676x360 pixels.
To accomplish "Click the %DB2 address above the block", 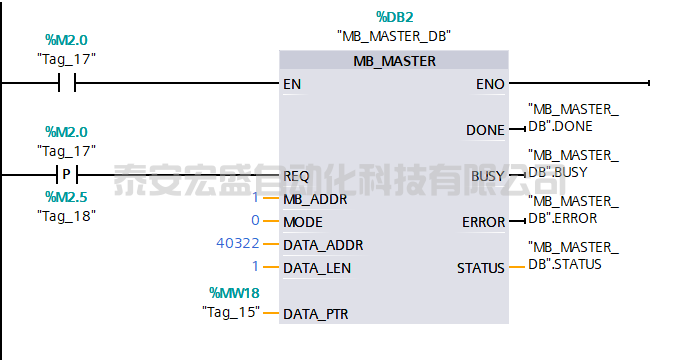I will coord(394,17).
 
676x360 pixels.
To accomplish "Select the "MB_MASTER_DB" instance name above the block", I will coord(394,36).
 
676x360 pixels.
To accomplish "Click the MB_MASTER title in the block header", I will coord(394,61).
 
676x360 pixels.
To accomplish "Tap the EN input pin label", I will coord(292,84).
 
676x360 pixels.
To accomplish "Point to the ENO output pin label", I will coord(490,84).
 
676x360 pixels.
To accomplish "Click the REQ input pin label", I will coord(296,175).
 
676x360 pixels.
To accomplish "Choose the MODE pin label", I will coord(303,221).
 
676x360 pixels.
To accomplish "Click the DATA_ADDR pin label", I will coord(323,245).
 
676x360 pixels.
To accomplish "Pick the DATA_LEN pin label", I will coord(317,267).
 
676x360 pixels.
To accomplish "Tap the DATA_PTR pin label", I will coord(317,313).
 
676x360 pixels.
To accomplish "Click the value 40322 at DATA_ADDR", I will coord(236,244).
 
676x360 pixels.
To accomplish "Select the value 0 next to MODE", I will coord(255,221).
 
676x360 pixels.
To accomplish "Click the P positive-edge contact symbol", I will coord(66,174).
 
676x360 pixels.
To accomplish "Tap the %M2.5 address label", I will coord(66,197).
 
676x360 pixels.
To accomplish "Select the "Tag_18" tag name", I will coord(66,215).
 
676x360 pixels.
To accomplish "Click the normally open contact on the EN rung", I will coord(66,84).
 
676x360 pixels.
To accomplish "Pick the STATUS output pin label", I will coord(481,267).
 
